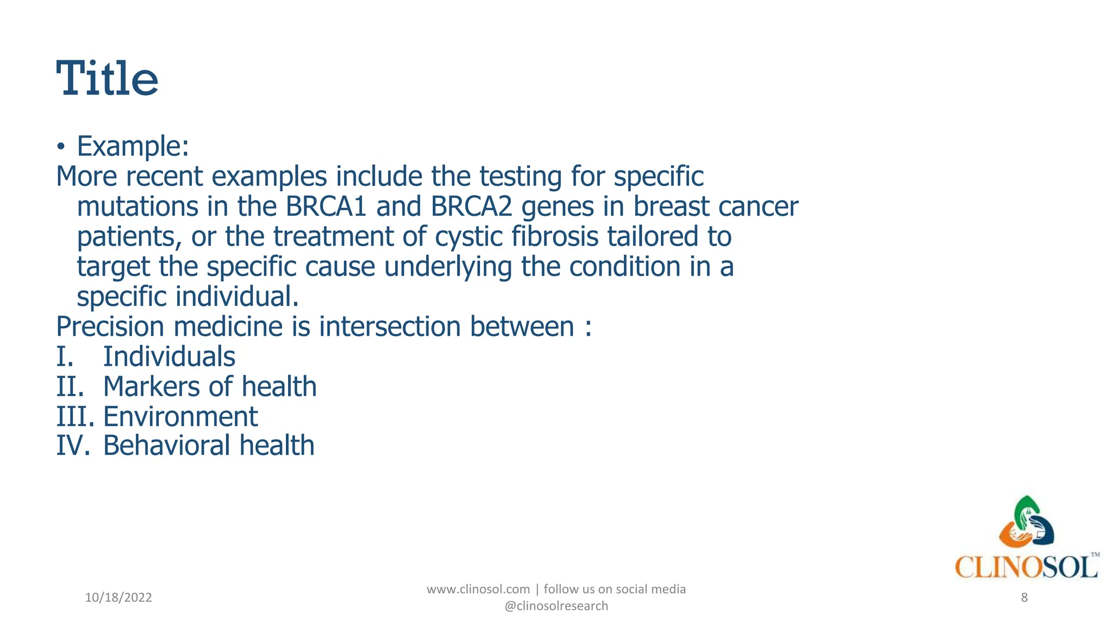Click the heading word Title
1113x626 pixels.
pos(107,79)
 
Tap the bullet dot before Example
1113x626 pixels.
pos(61,147)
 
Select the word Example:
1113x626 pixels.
pos(133,146)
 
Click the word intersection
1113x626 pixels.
pos(390,327)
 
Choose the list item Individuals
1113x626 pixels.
pos(169,357)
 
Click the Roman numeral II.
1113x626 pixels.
pos(70,387)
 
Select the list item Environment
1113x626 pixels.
pos(180,417)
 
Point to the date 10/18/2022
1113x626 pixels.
pos(118,598)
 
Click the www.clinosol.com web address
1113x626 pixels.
pos(478,589)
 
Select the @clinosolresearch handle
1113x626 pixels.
pos(556,606)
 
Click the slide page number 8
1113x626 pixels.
pos(1024,598)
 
